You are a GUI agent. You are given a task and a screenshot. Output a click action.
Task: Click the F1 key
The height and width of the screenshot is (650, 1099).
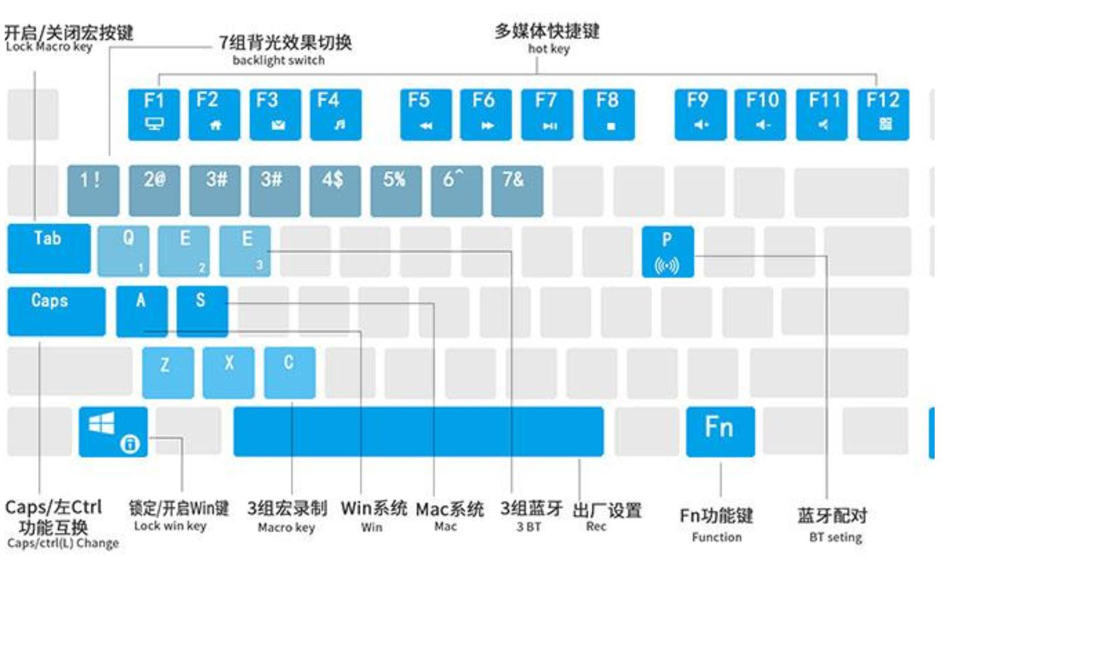point(154,114)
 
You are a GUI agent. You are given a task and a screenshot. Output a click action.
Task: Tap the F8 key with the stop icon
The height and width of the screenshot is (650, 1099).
point(609,114)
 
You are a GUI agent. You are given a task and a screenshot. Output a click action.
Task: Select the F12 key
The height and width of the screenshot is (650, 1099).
point(883,114)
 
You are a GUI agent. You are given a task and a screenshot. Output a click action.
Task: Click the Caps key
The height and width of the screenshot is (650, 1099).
point(57,311)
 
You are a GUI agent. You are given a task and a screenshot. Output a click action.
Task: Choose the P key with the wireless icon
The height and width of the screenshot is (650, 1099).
point(667,252)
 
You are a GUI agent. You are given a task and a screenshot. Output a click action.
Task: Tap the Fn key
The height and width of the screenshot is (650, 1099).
point(720,431)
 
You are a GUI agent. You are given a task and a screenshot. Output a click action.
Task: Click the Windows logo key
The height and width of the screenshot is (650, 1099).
point(113,431)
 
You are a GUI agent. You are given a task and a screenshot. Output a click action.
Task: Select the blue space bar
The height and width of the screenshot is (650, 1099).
point(418,431)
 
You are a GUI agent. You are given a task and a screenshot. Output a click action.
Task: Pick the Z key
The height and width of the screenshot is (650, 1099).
point(168,372)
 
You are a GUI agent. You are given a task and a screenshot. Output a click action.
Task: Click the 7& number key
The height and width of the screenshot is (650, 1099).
point(517,191)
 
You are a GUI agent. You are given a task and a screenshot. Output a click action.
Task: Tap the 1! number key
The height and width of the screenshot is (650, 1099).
point(93,191)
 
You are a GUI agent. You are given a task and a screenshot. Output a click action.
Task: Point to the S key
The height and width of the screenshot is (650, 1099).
point(202,311)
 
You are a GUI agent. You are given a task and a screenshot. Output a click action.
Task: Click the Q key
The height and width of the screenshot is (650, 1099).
point(123,251)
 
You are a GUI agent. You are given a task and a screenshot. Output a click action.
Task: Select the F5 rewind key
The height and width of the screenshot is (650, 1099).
point(426,114)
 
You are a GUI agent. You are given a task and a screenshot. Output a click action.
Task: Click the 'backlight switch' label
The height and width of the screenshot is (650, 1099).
point(279,60)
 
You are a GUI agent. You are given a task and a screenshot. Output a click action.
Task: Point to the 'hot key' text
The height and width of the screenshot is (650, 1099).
point(548,49)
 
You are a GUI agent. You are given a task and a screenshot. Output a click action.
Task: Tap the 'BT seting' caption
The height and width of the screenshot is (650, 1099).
point(835,537)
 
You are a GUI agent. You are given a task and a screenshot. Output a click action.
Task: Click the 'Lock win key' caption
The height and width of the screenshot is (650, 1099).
point(170,526)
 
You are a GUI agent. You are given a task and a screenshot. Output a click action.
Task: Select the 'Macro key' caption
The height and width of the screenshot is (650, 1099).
point(286,527)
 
